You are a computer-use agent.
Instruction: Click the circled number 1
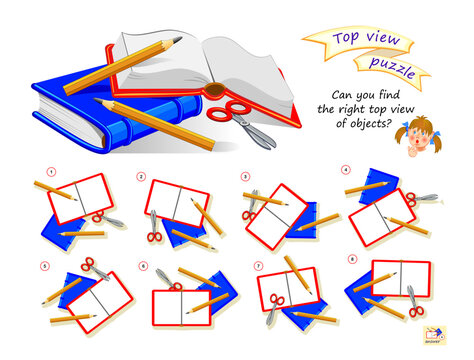[38, 171]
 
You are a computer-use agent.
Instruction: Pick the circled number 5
[44, 266]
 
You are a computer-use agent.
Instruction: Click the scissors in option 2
[154, 229]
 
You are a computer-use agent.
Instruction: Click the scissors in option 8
[412, 302]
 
